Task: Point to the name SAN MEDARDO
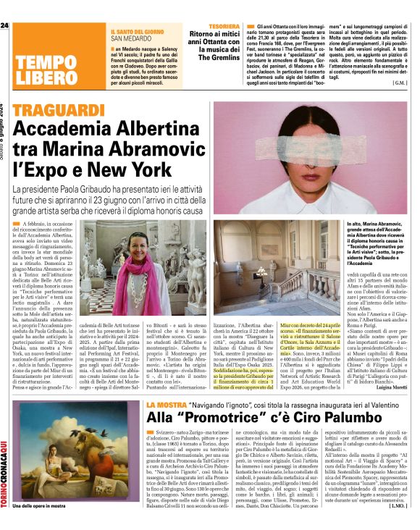pos(131,38)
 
